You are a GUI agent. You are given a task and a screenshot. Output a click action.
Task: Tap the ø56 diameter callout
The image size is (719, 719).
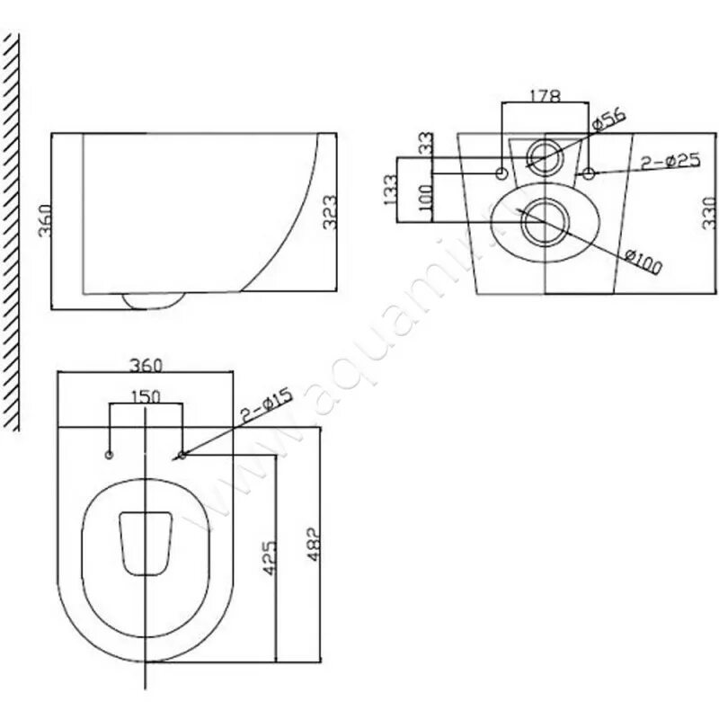[608, 119]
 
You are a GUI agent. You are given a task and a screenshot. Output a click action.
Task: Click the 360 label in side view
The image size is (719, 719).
[44, 220]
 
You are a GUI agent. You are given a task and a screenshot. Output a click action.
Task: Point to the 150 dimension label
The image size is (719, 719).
[146, 396]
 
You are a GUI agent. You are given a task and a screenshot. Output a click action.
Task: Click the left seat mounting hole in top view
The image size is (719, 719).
[110, 455]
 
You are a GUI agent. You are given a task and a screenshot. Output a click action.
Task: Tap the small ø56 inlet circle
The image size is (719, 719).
[544, 156]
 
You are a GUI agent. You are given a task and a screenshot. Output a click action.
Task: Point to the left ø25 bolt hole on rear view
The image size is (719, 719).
[502, 171]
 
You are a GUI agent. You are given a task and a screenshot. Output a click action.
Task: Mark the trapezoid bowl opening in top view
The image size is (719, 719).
[146, 542]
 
